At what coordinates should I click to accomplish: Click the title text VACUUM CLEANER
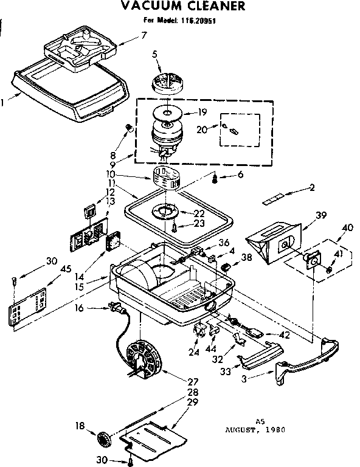(182, 7)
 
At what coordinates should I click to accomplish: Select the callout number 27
(193, 381)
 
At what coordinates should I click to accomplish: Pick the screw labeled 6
(215, 178)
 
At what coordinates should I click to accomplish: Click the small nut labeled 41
(328, 268)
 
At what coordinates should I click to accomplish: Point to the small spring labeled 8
(128, 126)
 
